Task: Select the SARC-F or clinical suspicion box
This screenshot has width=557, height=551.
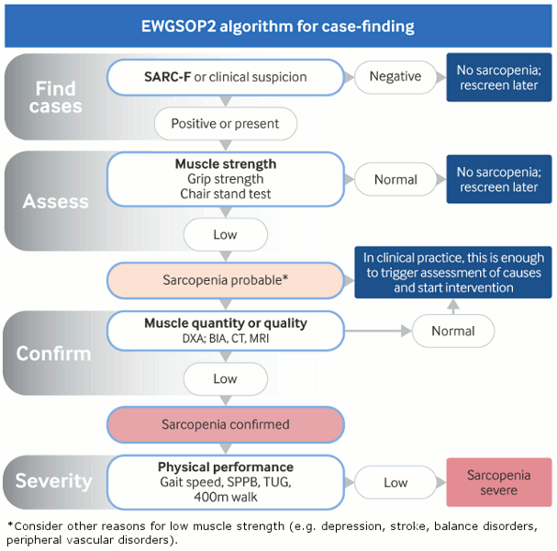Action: click(225, 76)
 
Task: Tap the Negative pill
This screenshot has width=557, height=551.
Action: click(395, 76)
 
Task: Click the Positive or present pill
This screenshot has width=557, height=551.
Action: click(225, 123)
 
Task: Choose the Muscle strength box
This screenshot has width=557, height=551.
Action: click(225, 179)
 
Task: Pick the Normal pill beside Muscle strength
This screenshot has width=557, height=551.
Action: click(395, 179)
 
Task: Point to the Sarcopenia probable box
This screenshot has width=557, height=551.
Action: click(225, 278)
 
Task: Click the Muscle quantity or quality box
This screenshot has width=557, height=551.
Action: click(225, 331)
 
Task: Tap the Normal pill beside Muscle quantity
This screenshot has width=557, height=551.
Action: click(453, 331)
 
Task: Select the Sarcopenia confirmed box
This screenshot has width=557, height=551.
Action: click(225, 424)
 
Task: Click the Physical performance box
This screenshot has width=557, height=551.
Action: click(225, 481)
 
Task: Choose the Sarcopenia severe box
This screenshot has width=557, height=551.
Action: click(498, 482)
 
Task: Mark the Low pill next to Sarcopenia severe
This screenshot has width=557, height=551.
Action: click(395, 482)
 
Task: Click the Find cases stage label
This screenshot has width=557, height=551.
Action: click(55, 97)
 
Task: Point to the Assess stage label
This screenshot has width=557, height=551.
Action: click(55, 201)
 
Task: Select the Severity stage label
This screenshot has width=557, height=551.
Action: click(53, 480)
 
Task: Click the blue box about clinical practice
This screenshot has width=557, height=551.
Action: click(453, 272)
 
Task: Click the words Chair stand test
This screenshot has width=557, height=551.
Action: click(225, 194)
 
